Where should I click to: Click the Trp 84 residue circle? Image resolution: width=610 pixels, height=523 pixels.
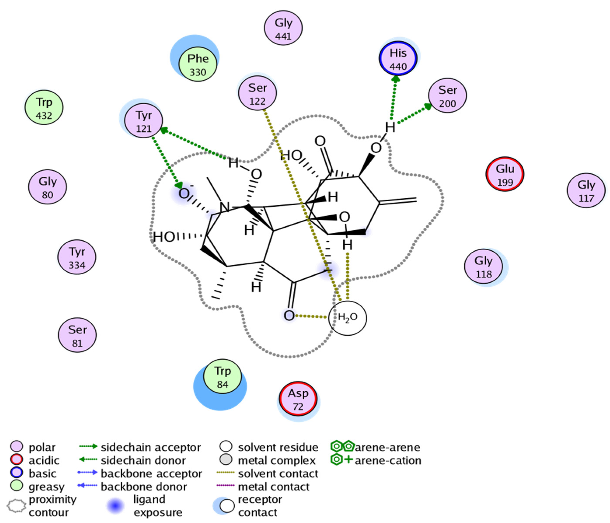pyautogui.click(x=223, y=376)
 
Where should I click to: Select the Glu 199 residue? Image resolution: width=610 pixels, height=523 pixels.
pyautogui.click(x=505, y=174)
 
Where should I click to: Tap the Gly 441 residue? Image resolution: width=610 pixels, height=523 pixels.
pyautogui.click(x=283, y=28)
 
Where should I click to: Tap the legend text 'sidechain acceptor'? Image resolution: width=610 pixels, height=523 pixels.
pyautogui.click(x=150, y=447)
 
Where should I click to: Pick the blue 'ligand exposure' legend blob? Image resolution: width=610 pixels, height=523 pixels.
pyautogui.click(x=115, y=506)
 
